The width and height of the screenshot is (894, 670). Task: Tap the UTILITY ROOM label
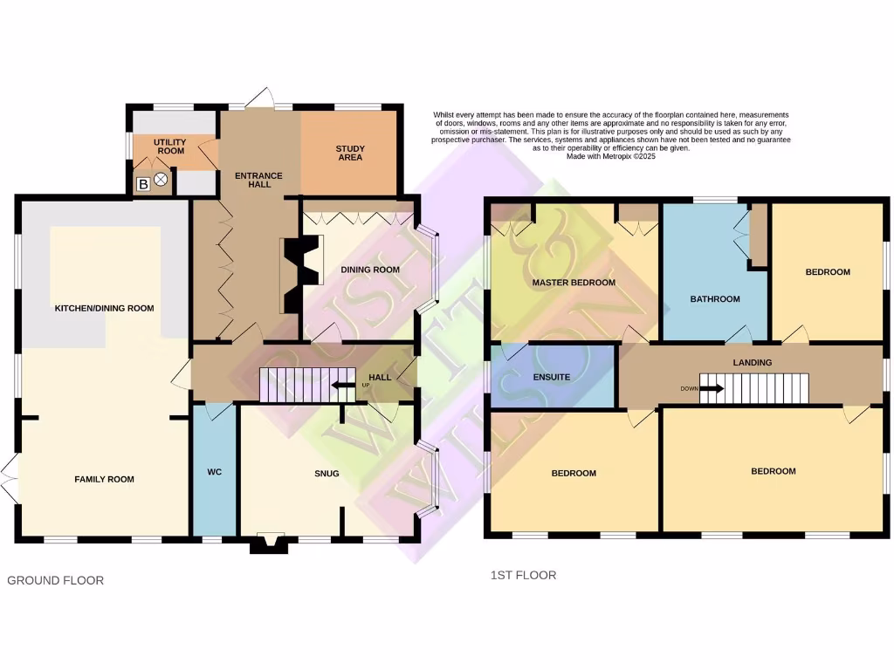coord(170,146)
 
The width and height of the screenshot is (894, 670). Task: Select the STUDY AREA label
coord(349,153)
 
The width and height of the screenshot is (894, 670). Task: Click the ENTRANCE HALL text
coord(258,181)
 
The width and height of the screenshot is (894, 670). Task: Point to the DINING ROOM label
coord(370,270)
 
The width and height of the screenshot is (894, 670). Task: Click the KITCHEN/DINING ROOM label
coord(104,308)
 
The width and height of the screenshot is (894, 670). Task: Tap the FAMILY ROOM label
coord(104,479)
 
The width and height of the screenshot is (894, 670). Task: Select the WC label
coord(215,472)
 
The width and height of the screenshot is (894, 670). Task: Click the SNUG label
coord(327,474)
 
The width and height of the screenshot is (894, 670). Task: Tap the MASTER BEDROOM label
coord(574,283)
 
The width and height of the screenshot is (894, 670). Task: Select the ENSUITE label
coord(551,377)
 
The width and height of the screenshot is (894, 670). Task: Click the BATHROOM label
coord(715,299)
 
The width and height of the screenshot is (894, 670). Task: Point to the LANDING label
coord(752,362)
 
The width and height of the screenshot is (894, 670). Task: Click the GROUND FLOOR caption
coord(55,580)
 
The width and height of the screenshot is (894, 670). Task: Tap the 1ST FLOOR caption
coord(524,575)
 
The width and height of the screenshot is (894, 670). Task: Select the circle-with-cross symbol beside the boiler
coord(162,181)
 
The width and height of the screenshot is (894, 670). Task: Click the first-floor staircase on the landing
coord(755,388)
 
